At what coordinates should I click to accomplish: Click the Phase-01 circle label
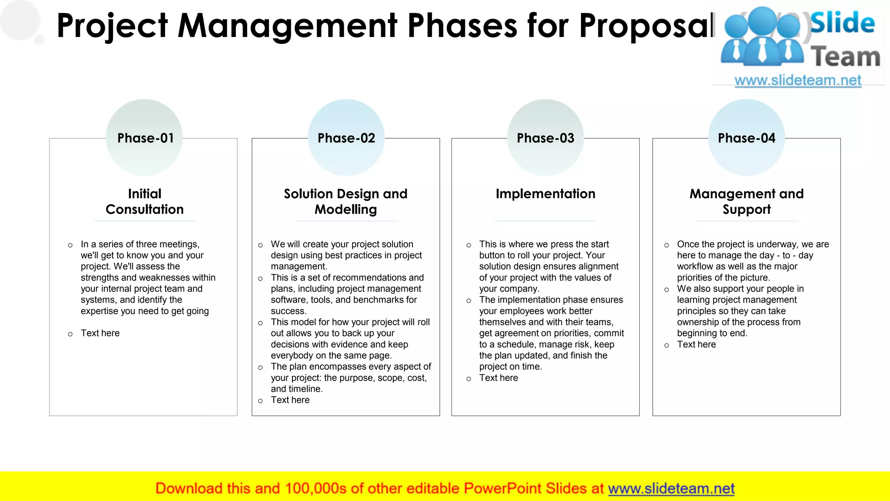(145, 138)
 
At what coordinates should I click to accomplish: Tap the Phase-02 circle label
(346, 138)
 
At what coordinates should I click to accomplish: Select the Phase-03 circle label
(545, 138)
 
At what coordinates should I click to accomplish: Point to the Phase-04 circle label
(746, 138)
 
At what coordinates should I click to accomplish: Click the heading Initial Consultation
(144, 201)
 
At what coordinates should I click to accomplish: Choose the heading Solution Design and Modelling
(345, 201)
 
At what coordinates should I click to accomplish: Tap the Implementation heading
(545, 194)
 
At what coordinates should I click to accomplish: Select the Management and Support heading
(746, 201)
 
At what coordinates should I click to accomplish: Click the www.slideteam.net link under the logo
(798, 80)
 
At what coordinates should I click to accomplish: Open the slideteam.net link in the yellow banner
(671, 488)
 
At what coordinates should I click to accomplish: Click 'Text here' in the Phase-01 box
(100, 333)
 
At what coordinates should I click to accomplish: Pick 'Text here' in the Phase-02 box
(290, 400)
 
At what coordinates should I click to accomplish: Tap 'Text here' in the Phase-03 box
(498, 378)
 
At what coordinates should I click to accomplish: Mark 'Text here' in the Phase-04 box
(696, 344)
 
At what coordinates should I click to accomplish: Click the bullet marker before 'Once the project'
(667, 245)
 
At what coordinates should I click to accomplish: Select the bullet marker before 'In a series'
(70, 245)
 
